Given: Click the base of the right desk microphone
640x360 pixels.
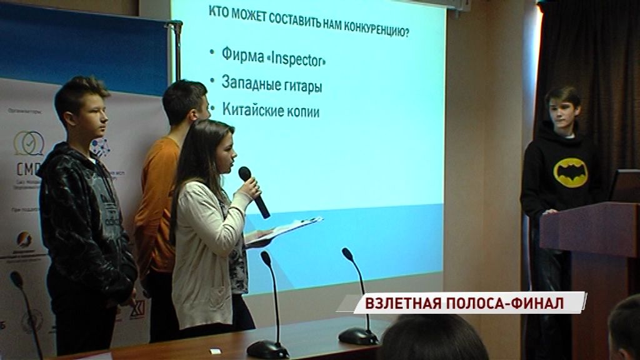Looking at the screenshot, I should [x=358, y=336].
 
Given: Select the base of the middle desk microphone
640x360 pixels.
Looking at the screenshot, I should [x=267, y=349].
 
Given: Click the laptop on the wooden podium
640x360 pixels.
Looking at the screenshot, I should [x=624, y=186].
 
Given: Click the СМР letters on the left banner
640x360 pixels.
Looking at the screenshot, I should [x=29, y=169].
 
